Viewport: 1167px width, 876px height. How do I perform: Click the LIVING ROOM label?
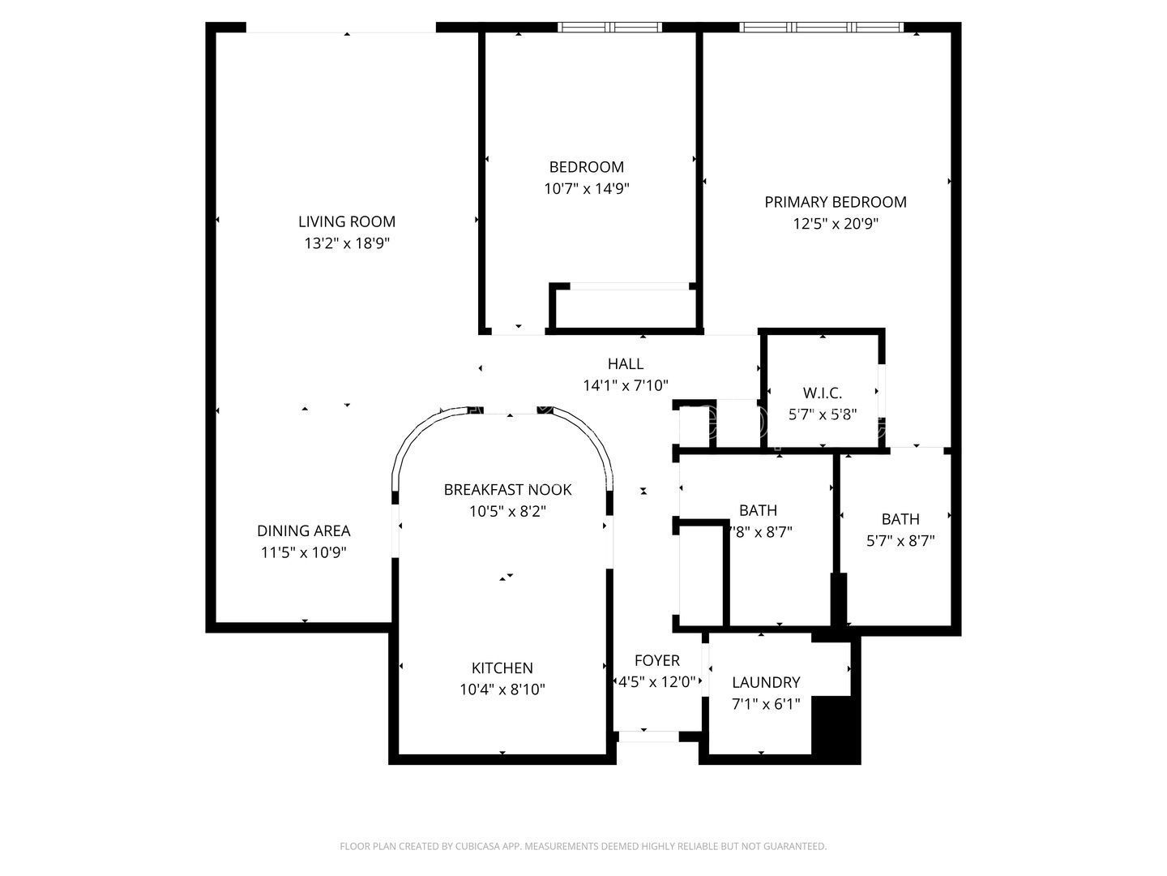click(346, 221)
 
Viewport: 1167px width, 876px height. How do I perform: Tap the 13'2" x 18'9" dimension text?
click(346, 243)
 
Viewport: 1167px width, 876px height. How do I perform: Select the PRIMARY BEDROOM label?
click(835, 202)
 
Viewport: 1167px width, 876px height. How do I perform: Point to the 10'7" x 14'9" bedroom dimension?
click(586, 189)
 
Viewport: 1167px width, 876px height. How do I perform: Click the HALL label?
click(625, 364)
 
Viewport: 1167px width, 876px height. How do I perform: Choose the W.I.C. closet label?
click(822, 393)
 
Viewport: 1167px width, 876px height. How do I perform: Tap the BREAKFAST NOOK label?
click(507, 490)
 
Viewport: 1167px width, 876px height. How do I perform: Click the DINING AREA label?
click(303, 531)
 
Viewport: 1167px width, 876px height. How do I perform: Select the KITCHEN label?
click(502, 668)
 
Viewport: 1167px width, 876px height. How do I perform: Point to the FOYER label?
click(656, 661)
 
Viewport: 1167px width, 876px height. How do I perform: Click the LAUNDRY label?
click(765, 683)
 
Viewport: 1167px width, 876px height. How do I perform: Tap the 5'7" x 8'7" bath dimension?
click(900, 541)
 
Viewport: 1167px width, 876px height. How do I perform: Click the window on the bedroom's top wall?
click(609, 28)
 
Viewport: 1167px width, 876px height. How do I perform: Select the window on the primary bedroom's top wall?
click(821, 28)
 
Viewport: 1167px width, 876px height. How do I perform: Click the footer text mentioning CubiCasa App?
click(583, 847)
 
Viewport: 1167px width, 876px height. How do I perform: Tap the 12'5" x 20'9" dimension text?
click(835, 224)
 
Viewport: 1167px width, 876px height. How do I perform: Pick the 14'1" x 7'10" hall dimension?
click(625, 386)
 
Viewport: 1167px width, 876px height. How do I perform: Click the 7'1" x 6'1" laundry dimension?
click(765, 704)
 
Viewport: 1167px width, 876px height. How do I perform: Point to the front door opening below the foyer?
click(648, 736)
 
